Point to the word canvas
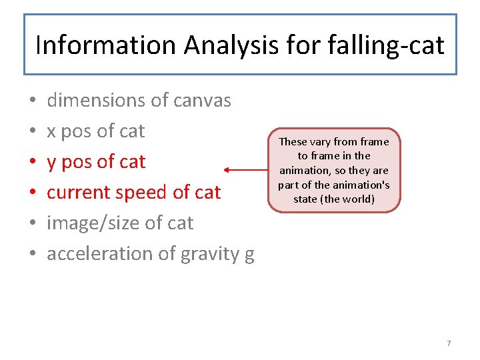(202, 101)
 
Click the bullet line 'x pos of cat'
(95, 131)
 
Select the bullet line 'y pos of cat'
(95, 162)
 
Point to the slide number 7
(449, 343)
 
